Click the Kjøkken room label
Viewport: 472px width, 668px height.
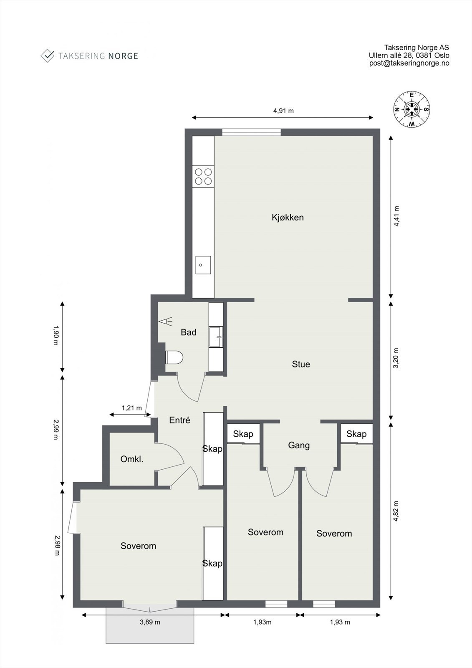pyautogui.click(x=288, y=218)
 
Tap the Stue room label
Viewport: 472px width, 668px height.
pyautogui.click(x=301, y=364)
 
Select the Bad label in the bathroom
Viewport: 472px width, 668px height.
pyautogui.click(x=189, y=332)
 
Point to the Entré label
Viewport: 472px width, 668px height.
pyautogui.click(x=179, y=420)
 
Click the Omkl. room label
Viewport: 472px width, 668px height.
pyautogui.click(x=132, y=459)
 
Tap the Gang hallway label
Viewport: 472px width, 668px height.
pyautogui.click(x=299, y=445)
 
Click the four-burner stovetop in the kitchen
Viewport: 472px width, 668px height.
pyautogui.click(x=203, y=177)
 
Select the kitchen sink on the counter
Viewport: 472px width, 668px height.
pyautogui.click(x=203, y=265)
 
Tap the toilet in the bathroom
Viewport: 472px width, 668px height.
pyautogui.click(x=174, y=357)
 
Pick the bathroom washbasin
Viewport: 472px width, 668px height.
pyautogui.click(x=216, y=337)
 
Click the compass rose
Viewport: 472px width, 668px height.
pyautogui.click(x=411, y=109)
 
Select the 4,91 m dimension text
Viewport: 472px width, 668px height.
pyautogui.click(x=283, y=111)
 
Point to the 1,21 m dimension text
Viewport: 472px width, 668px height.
pyautogui.click(x=131, y=407)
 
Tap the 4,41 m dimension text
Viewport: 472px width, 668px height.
pyautogui.click(x=396, y=216)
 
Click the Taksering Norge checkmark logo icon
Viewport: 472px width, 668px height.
pyautogui.click(x=48, y=56)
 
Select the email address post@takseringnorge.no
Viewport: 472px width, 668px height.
pyautogui.click(x=409, y=63)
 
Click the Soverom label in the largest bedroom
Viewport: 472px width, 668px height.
pyautogui.click(x=139, y=546)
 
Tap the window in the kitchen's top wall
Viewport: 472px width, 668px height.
pyautogui.click(x=251, y=132)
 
